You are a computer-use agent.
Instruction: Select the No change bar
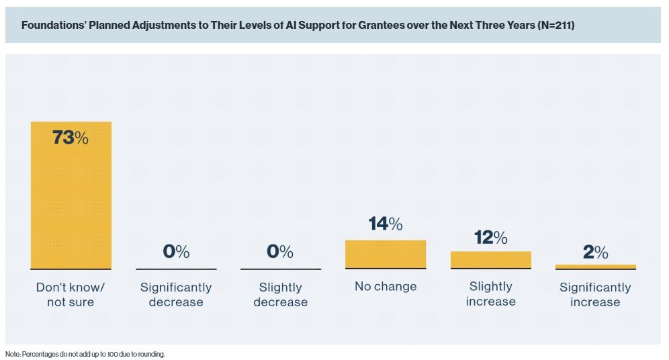[x=386, y=254]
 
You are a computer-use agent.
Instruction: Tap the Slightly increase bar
[x=490, y=260]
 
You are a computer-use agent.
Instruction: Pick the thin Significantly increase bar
[x=595, y=267]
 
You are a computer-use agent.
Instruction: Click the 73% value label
[x=71, y=138]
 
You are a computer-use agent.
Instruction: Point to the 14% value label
[x=386, y=224]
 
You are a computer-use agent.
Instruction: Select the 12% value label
[x=490, y=237]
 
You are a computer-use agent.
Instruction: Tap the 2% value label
[x=595, y=253]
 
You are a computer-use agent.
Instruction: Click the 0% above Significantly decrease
[x=176, y=252]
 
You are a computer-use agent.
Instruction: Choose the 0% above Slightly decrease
[x=281, y=252]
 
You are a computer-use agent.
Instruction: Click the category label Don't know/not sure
[x=71, y=294]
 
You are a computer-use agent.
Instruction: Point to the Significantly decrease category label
[x=176, y=294]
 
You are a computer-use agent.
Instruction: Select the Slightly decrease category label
[x=281, y=294]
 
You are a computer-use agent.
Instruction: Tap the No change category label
[x=386, y=287]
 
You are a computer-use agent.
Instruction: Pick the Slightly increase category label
[x=490, y=294]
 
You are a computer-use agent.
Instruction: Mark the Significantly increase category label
[x=595, y=294]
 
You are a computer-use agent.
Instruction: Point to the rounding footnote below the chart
[x=85, y=354]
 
